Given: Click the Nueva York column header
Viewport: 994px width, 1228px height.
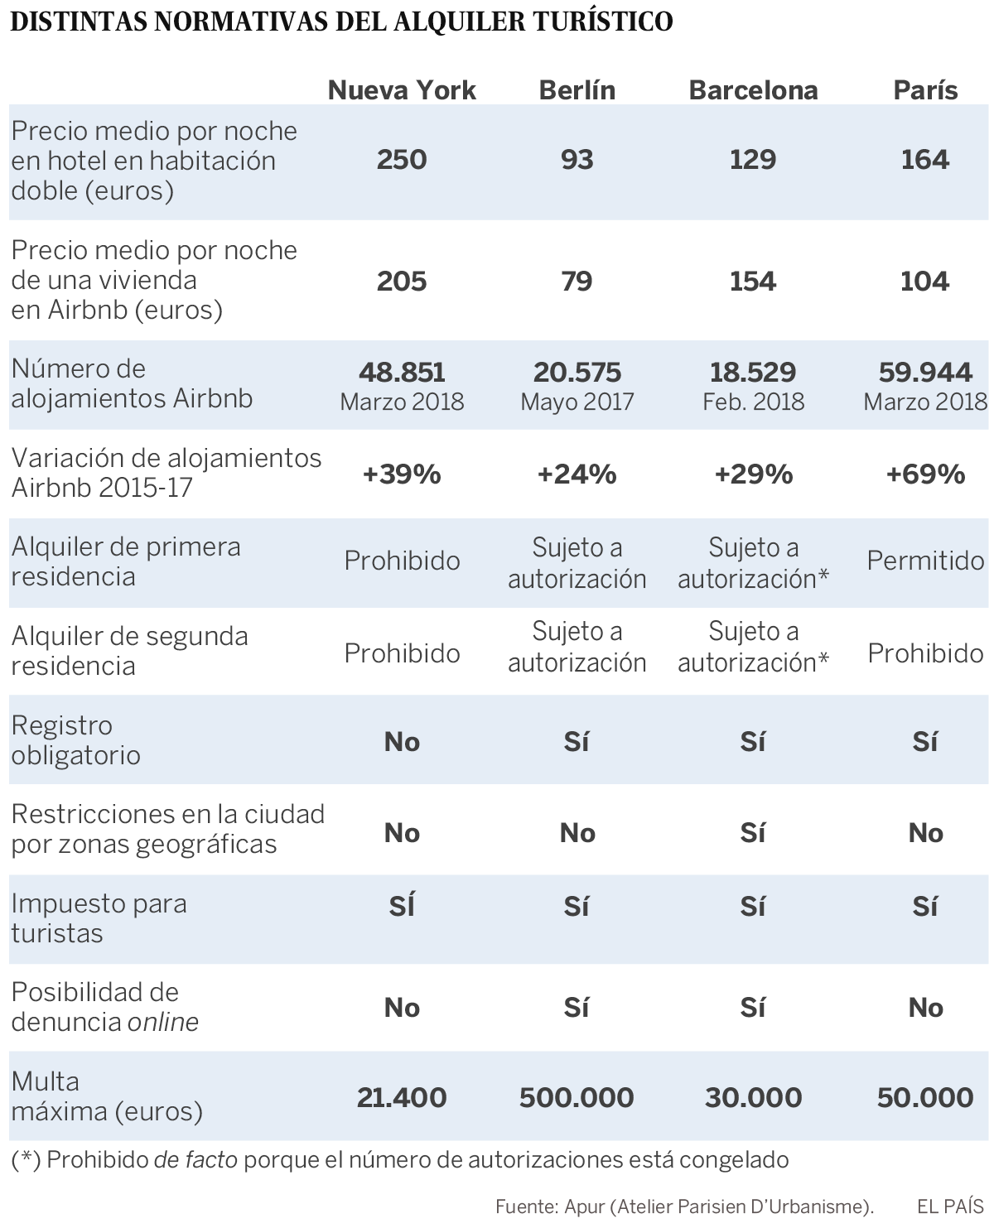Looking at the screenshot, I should coord(402,90).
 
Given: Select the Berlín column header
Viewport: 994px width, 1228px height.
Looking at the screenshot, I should coord(577,90).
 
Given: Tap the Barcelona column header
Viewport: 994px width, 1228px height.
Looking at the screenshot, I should coord(753,90).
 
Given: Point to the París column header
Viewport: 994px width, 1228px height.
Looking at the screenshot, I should coord(925,90).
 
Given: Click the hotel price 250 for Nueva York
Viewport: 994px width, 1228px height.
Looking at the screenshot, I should coord(402,159).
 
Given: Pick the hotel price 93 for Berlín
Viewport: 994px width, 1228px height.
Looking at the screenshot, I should coord(577,159).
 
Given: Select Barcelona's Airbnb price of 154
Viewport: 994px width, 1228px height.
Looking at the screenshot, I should coord(753,281).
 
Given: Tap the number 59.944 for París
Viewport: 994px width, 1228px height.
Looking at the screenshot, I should coord(925,372).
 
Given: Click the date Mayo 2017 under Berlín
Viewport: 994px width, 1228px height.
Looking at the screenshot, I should coord(577,402).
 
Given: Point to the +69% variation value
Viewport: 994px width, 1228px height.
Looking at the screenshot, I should coord(925,474).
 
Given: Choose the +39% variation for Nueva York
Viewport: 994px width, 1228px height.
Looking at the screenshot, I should coord(402,474).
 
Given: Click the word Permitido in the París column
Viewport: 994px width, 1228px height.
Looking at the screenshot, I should coord(925,561).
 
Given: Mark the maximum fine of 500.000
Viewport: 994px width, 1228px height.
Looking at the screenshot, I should coord(577,1097).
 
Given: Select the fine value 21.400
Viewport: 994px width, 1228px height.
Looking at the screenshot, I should coord(402,1097).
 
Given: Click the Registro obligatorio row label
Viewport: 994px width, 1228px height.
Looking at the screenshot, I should coord(75,739).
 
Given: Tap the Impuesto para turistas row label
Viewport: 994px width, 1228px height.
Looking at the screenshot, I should coord(99,917).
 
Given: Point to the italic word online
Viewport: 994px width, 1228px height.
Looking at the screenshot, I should coord(163,1023).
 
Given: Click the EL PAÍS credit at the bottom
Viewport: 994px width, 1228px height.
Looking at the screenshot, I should coord(950,1206).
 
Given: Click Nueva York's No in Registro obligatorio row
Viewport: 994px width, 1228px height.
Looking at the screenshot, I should coord(402,742).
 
